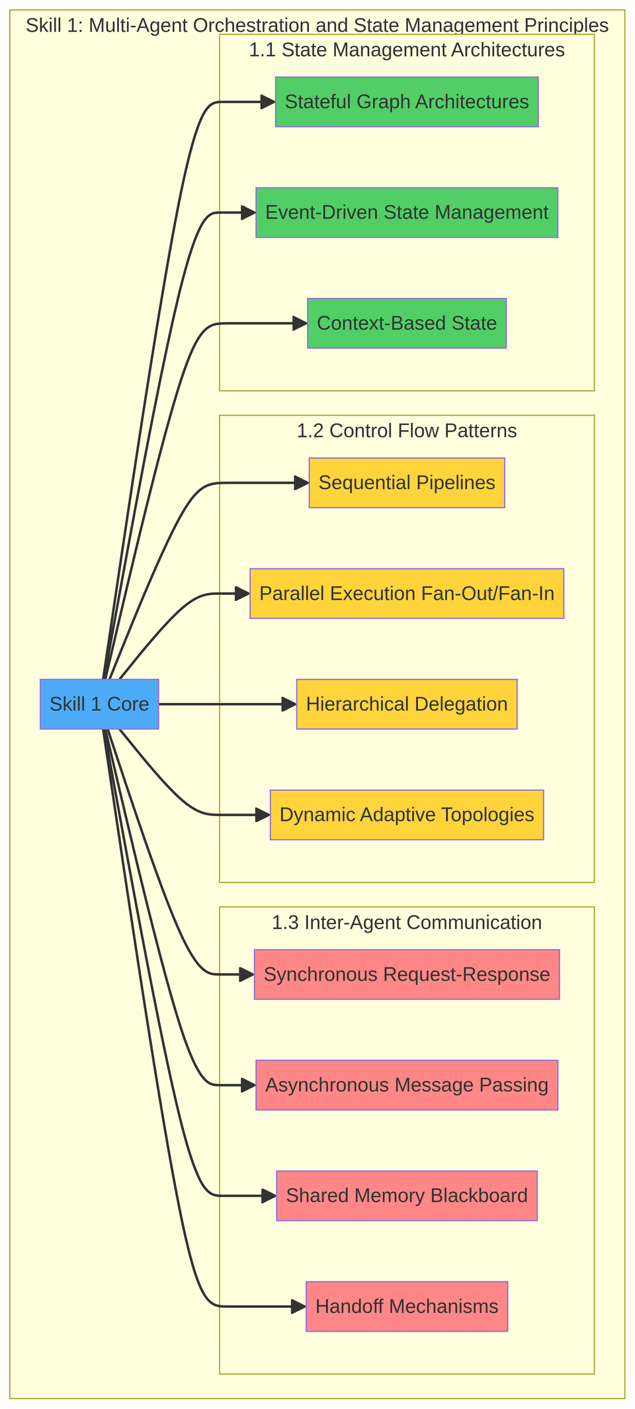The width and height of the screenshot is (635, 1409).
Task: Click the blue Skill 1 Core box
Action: click(x=99, y=704)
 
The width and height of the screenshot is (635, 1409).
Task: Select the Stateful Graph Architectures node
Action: click(x=406, y=102)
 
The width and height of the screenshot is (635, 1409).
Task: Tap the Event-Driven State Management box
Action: click(x=406, y=212)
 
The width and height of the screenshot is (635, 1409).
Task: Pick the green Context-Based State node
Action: click(x=406, y=323)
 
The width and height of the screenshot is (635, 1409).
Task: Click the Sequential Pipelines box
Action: click(x=406, y=483)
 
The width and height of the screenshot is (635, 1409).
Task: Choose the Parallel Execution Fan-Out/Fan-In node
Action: click(x=406, y=594)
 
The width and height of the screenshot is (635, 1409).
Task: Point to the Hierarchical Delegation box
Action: click(x=406, y=704)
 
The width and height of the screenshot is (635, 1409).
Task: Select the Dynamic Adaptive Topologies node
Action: click(x=406, y=815)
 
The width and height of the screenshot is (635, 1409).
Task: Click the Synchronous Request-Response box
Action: click(x=406, y=974)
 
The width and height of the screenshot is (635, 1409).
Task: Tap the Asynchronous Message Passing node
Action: click(x=406, y=1085)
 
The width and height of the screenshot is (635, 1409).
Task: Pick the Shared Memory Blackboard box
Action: click(x=406, y=1196)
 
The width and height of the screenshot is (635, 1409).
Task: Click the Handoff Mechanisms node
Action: click(x=406, y=1306)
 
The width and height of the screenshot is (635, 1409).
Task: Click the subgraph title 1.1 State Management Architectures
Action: click(x=406, y=50)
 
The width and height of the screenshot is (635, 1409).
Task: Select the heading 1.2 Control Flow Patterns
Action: click(x=406, y=431)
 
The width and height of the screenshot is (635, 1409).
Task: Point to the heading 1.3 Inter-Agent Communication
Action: click(x=406, y=923)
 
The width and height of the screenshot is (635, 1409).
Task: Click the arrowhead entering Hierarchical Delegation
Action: click(x=289, y=704)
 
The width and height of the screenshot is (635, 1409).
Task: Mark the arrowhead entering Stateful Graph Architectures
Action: click(x=268, y=102)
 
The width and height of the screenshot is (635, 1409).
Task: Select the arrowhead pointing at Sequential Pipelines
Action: click(x=302, y=483)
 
